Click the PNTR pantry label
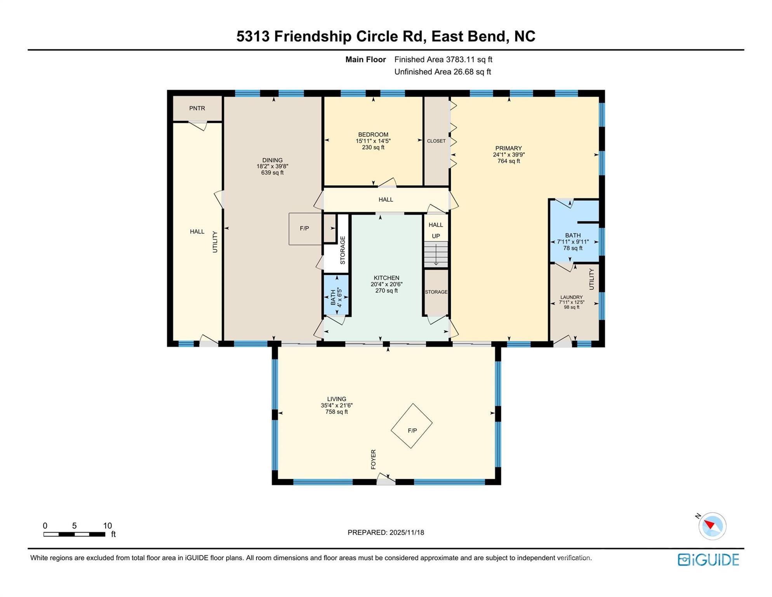[197, 108]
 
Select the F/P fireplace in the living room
[412, 426]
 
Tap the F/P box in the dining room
[305, 229]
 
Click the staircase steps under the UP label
[436, 254]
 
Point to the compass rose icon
[712, 526]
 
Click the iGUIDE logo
[708, 560]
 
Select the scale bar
[74, 534]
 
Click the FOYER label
[373, 459]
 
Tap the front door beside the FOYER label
[386, 479]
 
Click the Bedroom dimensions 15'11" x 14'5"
[373, 141]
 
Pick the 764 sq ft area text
[508, 161]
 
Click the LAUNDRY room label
[571, 297]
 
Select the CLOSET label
[436, 141]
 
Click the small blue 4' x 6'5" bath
[336, 295]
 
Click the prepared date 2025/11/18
[405, 532]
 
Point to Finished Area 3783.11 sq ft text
[443, 59]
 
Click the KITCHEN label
[386, 278]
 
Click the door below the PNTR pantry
[198, 126]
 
